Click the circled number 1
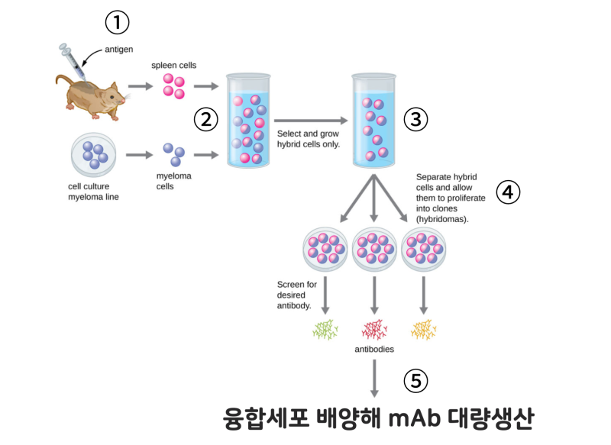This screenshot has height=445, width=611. [116, 24]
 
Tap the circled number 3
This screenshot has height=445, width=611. [415, 119]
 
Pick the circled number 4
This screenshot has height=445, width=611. [508, 193]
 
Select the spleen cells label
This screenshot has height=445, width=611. [174, 66]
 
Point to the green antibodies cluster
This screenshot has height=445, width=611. [326, 330]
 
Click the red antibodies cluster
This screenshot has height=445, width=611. [374, 330]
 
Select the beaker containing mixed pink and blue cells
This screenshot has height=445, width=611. [249, 122]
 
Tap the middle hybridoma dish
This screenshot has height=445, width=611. [374, 249]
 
